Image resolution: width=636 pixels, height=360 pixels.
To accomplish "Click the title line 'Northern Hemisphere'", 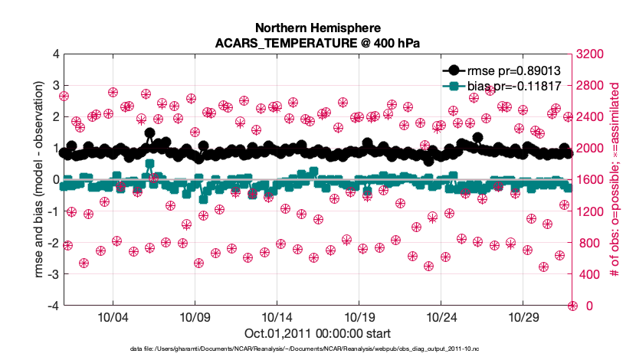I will tap(317, 29).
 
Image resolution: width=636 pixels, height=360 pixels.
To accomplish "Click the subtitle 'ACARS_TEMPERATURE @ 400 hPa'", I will tap(317, 44).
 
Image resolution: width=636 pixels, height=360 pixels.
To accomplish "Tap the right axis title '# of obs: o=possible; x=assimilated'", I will tap(615, 179).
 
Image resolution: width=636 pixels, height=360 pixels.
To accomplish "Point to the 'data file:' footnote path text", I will tap(317, 349).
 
